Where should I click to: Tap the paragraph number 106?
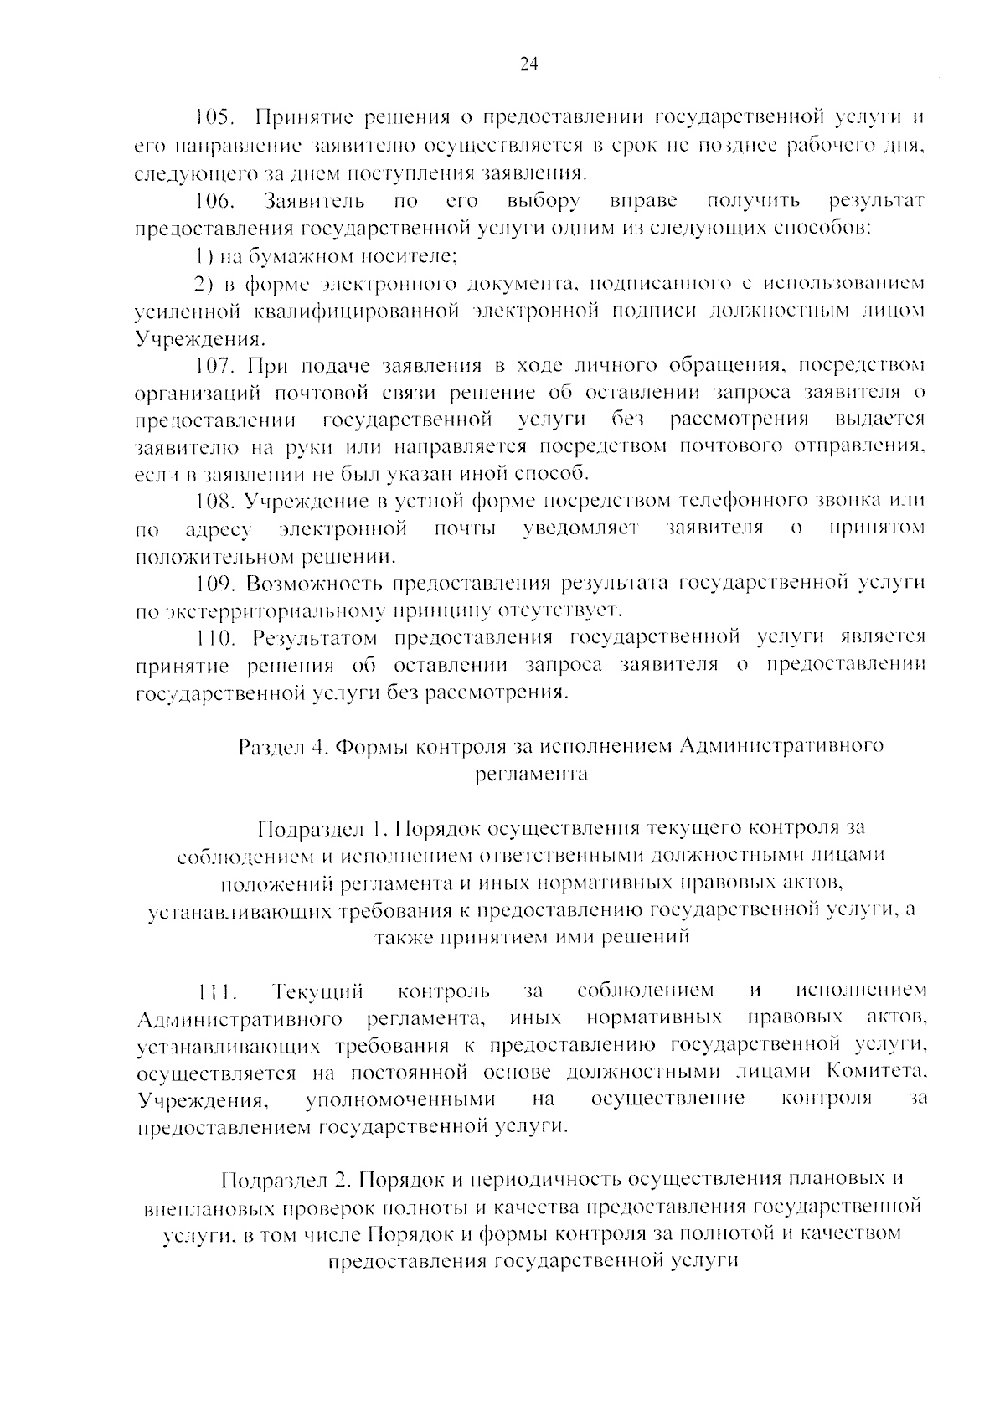click(214, 201)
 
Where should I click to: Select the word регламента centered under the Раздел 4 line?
click(531, 774)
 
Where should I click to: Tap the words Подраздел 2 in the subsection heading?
click(285, 1180)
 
